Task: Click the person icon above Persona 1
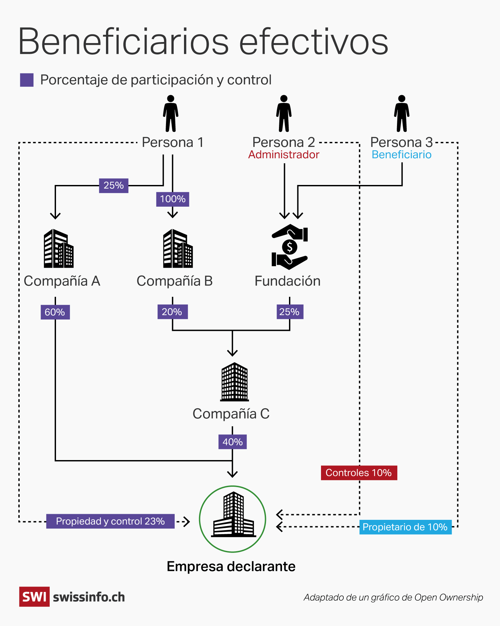(171, 114)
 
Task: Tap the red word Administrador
(284, 155)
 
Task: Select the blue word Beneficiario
(401, 155)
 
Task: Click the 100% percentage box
(173, 199)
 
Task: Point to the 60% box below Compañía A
(55, 312)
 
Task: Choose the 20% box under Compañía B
(172, 312)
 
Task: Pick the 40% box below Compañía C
(232, 442)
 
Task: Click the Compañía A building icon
(59, 248)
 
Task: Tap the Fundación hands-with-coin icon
(289, 247)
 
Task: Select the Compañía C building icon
(234, 382)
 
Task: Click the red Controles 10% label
(359, 473)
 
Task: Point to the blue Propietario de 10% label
(405, 527)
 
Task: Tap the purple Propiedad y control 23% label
(110, 521)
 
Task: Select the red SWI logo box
(34, 597)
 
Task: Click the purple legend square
(27, 80)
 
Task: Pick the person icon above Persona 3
(402, 114)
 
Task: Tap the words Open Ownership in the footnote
(449, 597)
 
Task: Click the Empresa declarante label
(231, 567)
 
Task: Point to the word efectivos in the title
(313, 42)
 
